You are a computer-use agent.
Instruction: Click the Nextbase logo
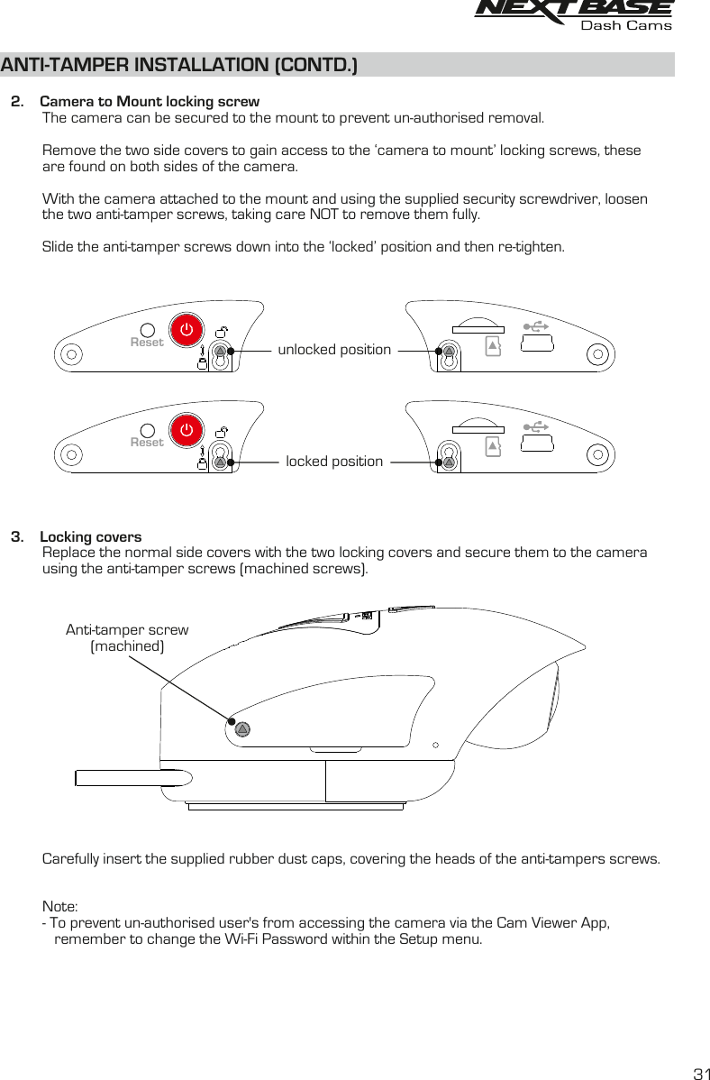(x=573, y=9)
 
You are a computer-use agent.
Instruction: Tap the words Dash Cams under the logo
(x=626, y=26)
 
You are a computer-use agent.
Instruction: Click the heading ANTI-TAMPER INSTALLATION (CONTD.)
(x=179, y=66)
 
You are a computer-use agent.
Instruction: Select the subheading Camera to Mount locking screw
(x=150, y=101)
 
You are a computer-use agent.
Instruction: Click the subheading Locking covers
(x=91, y=538)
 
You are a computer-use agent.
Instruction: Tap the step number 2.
(x=16, y=101)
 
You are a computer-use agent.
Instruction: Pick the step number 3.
(x=16, y=538)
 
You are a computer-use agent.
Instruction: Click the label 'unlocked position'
(x=334, y=349)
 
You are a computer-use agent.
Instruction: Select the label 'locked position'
(x=334, y=462)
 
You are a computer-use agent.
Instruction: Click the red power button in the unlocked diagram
(x=186, y=329)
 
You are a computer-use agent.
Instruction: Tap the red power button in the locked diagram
(x=186, y=429)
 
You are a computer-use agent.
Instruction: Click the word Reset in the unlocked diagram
(x=147, y=343)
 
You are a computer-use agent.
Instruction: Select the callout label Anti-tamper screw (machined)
(x=127, y=638)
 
